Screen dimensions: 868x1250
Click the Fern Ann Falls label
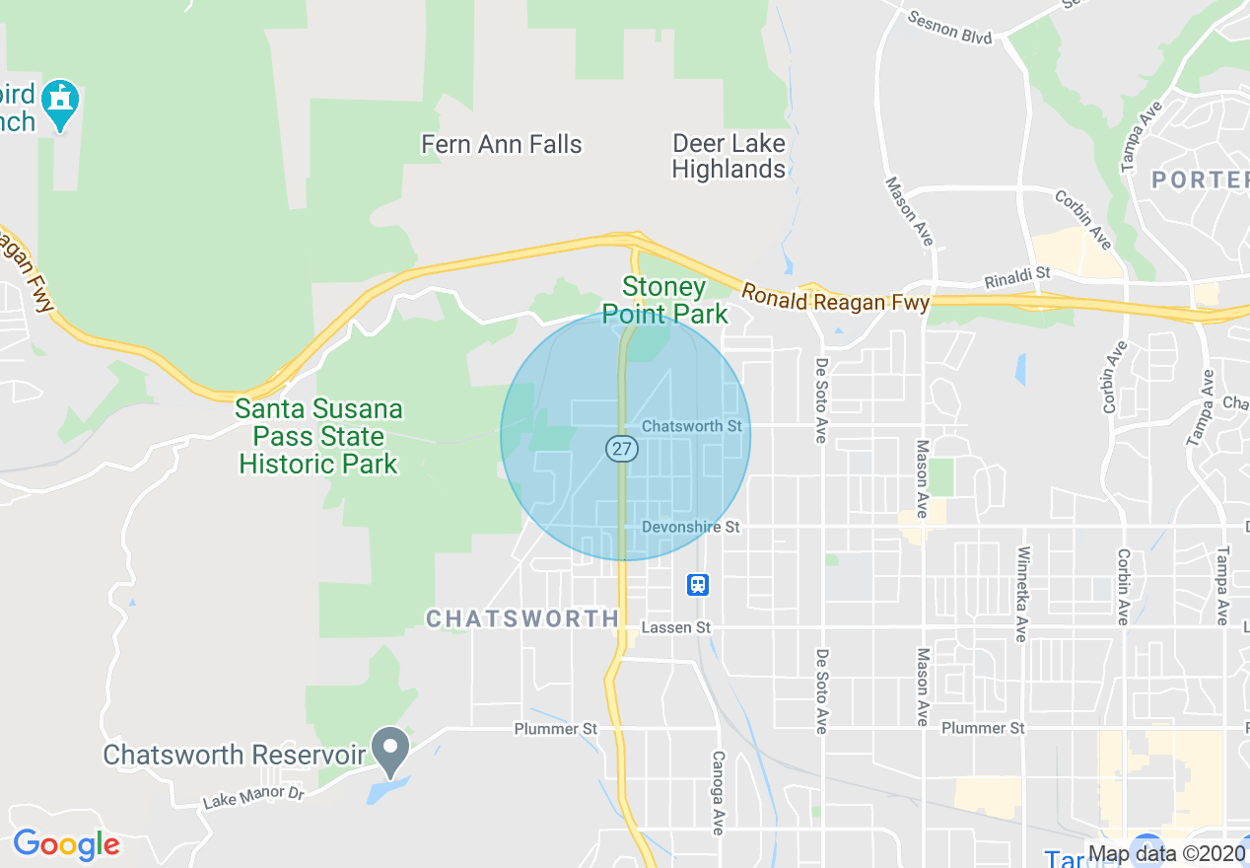(501, 144)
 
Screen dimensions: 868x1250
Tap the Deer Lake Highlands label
(729, 156)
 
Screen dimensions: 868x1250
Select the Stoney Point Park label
(664, 301)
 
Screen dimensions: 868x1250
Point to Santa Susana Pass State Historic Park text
(318, 436)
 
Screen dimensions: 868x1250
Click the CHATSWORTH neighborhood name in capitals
(522, 618)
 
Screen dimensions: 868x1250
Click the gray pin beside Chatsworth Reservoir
(390, 751)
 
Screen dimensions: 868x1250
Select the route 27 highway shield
(622, 449)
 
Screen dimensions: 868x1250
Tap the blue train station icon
(698, 584)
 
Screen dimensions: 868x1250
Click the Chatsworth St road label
(691, 426)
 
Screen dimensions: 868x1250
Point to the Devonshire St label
(690, 527)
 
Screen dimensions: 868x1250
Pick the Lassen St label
(675, 627)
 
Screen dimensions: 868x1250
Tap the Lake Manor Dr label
(252, 795)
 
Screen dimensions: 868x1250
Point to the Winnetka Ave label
(1022, 594)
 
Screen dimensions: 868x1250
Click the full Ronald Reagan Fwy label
(835, 299)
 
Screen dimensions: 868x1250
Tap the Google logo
(66, 844)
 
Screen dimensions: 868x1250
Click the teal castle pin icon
(61, 103)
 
